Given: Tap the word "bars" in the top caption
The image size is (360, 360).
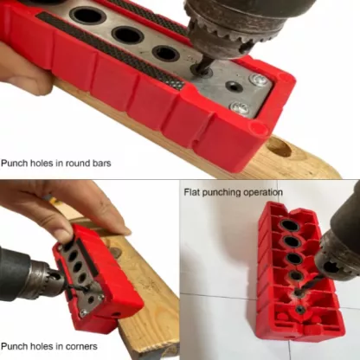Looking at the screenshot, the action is point(101,163).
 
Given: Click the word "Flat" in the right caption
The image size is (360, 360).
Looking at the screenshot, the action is point(192,192).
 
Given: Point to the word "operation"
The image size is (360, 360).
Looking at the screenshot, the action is point(262,192).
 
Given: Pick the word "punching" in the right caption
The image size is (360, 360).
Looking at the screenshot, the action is point(222,193).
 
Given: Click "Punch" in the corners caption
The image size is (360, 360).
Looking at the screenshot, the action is point(13,346).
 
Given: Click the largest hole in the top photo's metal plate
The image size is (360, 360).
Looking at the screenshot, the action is point(88,15).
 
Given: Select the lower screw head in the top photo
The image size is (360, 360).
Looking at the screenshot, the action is point(240,107).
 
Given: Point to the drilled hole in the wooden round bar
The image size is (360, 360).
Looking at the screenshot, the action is point(279,147).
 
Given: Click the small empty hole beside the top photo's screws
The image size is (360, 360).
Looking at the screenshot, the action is point(233,86).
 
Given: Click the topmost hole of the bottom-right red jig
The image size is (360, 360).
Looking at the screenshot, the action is point(290,225).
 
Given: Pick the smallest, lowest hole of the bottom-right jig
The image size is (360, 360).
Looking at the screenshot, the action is point(301,310).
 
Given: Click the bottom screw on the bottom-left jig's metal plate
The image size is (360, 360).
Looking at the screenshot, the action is point(83,312).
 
